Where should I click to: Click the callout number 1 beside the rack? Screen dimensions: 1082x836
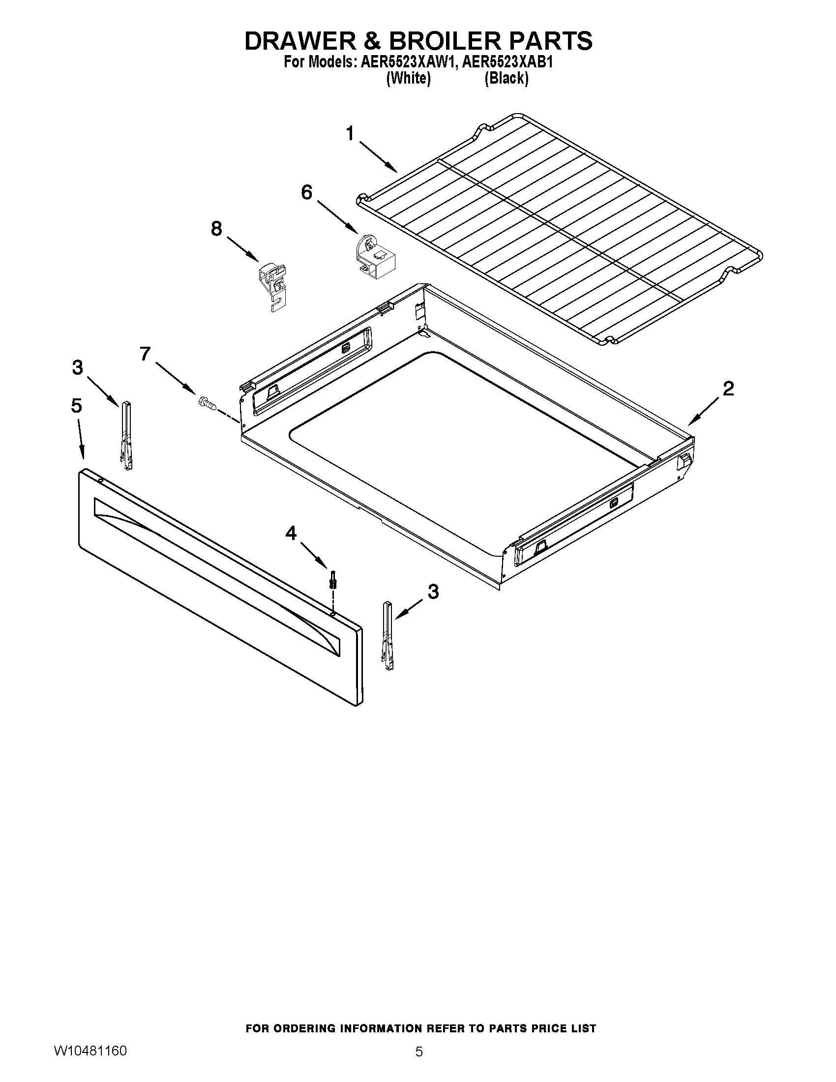point(350,134)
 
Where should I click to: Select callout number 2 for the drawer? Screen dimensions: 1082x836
point(728,389)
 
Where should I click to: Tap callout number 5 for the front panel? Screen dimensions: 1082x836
point(76,406)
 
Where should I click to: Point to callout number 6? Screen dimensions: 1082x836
point(307,192)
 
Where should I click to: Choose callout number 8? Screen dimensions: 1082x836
point(216,229)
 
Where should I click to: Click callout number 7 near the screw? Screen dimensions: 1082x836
point(145,354)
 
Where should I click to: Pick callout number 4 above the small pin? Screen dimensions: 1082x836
point(291,533)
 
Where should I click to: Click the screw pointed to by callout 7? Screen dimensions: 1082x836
point(207,403)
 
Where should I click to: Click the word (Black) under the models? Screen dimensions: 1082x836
point(506,78)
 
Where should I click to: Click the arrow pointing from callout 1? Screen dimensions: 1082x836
point(378,157)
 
